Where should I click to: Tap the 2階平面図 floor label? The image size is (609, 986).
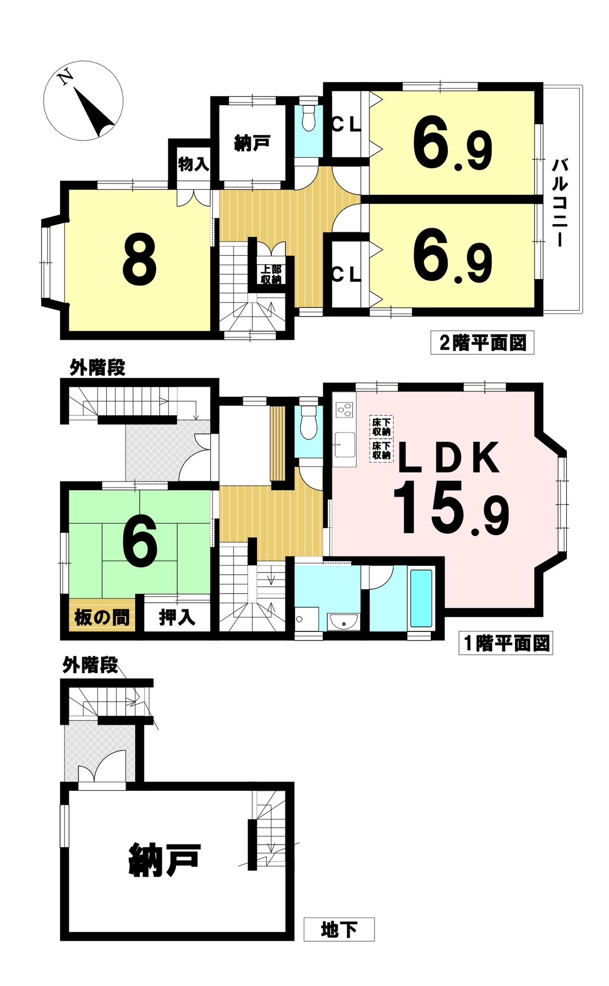[x=482, y=343]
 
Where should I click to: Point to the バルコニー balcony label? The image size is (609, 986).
[x=559, y=203]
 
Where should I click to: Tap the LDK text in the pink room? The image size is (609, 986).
[x=448, y=457]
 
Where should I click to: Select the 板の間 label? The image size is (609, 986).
[x=102, y=617]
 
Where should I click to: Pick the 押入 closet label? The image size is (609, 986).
[x=177, y=617]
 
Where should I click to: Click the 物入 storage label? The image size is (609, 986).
[x=193, y=164]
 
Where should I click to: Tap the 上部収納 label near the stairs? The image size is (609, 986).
[x=270, y=275]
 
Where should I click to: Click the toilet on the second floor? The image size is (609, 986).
[x=308, y=119]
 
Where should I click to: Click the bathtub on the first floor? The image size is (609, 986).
[x=421, y=598]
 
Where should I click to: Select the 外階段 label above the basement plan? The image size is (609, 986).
[x=90, y=665]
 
